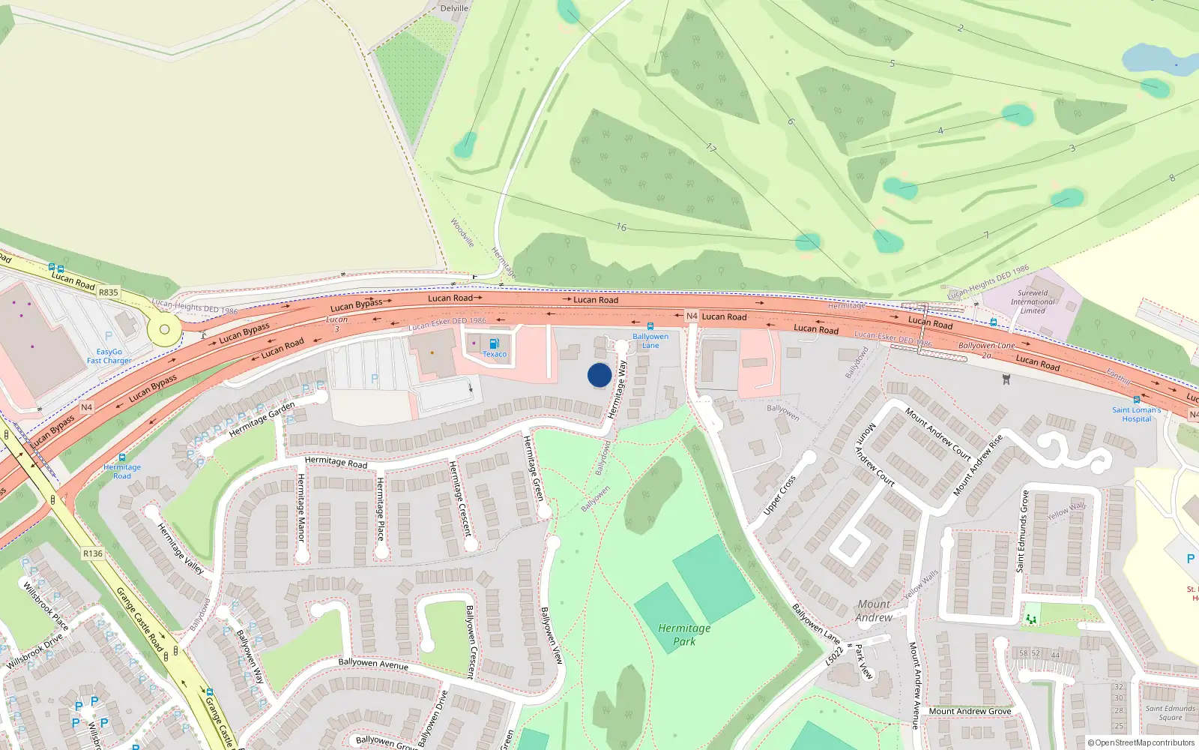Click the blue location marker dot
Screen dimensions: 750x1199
pos(599,375)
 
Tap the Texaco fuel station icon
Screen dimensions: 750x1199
pos(494,343)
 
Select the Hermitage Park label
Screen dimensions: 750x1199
pos(684,634)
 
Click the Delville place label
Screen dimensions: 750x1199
pos(454,8)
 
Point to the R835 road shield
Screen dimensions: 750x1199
pos(108,292)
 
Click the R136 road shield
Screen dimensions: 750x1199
pos(93,553)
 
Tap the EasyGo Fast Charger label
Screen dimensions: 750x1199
pos(109,356)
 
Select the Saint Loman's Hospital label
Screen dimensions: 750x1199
pos(1136,414)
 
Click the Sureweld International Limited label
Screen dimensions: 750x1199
pos(1032,301)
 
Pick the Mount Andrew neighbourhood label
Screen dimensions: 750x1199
pos(874,610)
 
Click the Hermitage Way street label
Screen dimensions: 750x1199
pos(617,390)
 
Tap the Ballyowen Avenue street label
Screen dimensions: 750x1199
pos(373,664)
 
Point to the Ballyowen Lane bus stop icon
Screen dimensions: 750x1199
pos(650,326)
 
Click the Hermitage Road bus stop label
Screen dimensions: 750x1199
pos(121,471)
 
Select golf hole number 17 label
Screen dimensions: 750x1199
pos(710,148)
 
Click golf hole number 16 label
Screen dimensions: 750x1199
pos(621,226)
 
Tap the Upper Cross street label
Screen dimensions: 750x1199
pos(779,495)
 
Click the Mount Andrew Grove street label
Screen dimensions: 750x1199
pos(970,711)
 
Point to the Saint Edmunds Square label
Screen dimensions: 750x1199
pos(1170,712)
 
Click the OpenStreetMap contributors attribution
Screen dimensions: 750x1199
pos(1141,742)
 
